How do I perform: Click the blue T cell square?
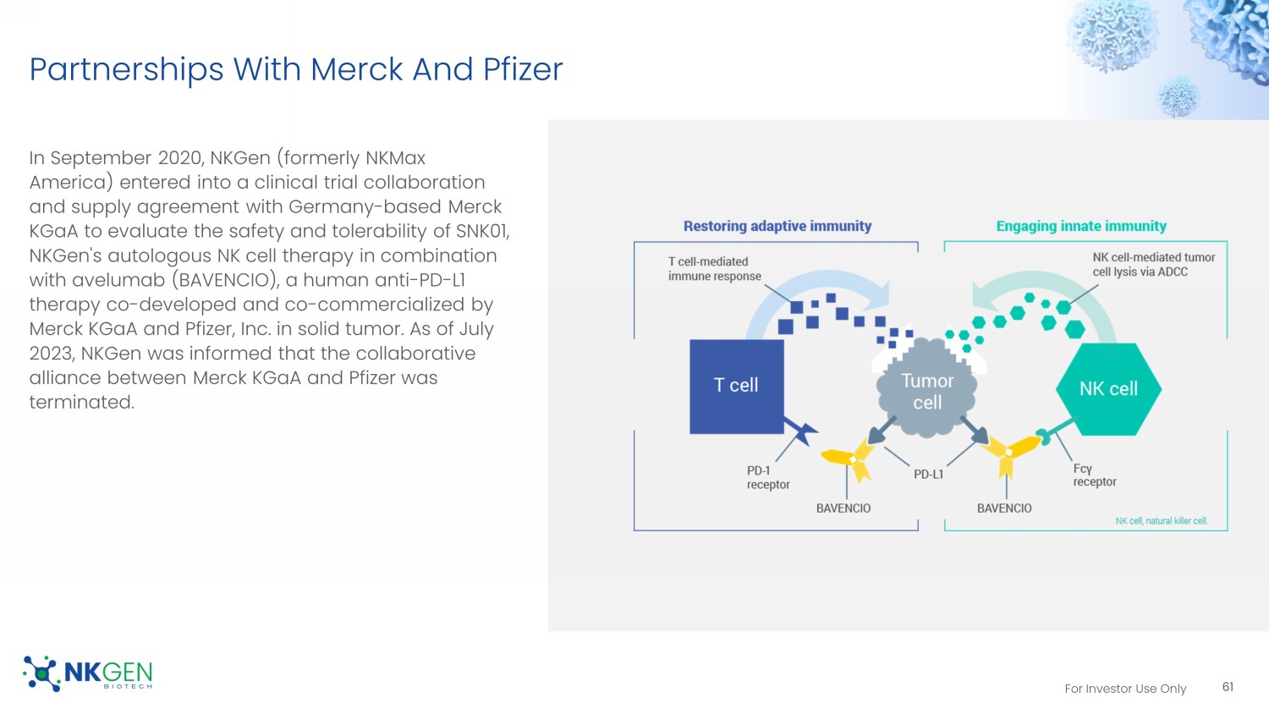(x=736, y=387)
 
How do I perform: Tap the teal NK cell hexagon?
(x=1108, y=389)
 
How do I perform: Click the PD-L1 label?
(x=928, y=475)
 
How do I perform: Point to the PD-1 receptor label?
(x=767, y=478)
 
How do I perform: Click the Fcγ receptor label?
(x=1094, y=475)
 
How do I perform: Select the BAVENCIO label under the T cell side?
(x=843, y=508)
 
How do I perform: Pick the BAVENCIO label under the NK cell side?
(x=1004, y=508)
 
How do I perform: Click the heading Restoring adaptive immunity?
(x=777, y=227)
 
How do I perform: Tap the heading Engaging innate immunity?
(x=1080, y=227)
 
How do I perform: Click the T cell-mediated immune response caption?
(x=714, y=269)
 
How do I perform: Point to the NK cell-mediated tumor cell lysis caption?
(x=1153, y=265)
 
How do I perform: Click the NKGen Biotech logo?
(x=88, y=673)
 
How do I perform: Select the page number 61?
(x=1228, y=687)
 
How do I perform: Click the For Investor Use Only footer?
(x=1125, y=689)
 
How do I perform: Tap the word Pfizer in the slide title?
(x=523, y=69)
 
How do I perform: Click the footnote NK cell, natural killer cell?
(x=1161, y=521)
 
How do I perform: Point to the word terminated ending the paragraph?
(x=81, y=402)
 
